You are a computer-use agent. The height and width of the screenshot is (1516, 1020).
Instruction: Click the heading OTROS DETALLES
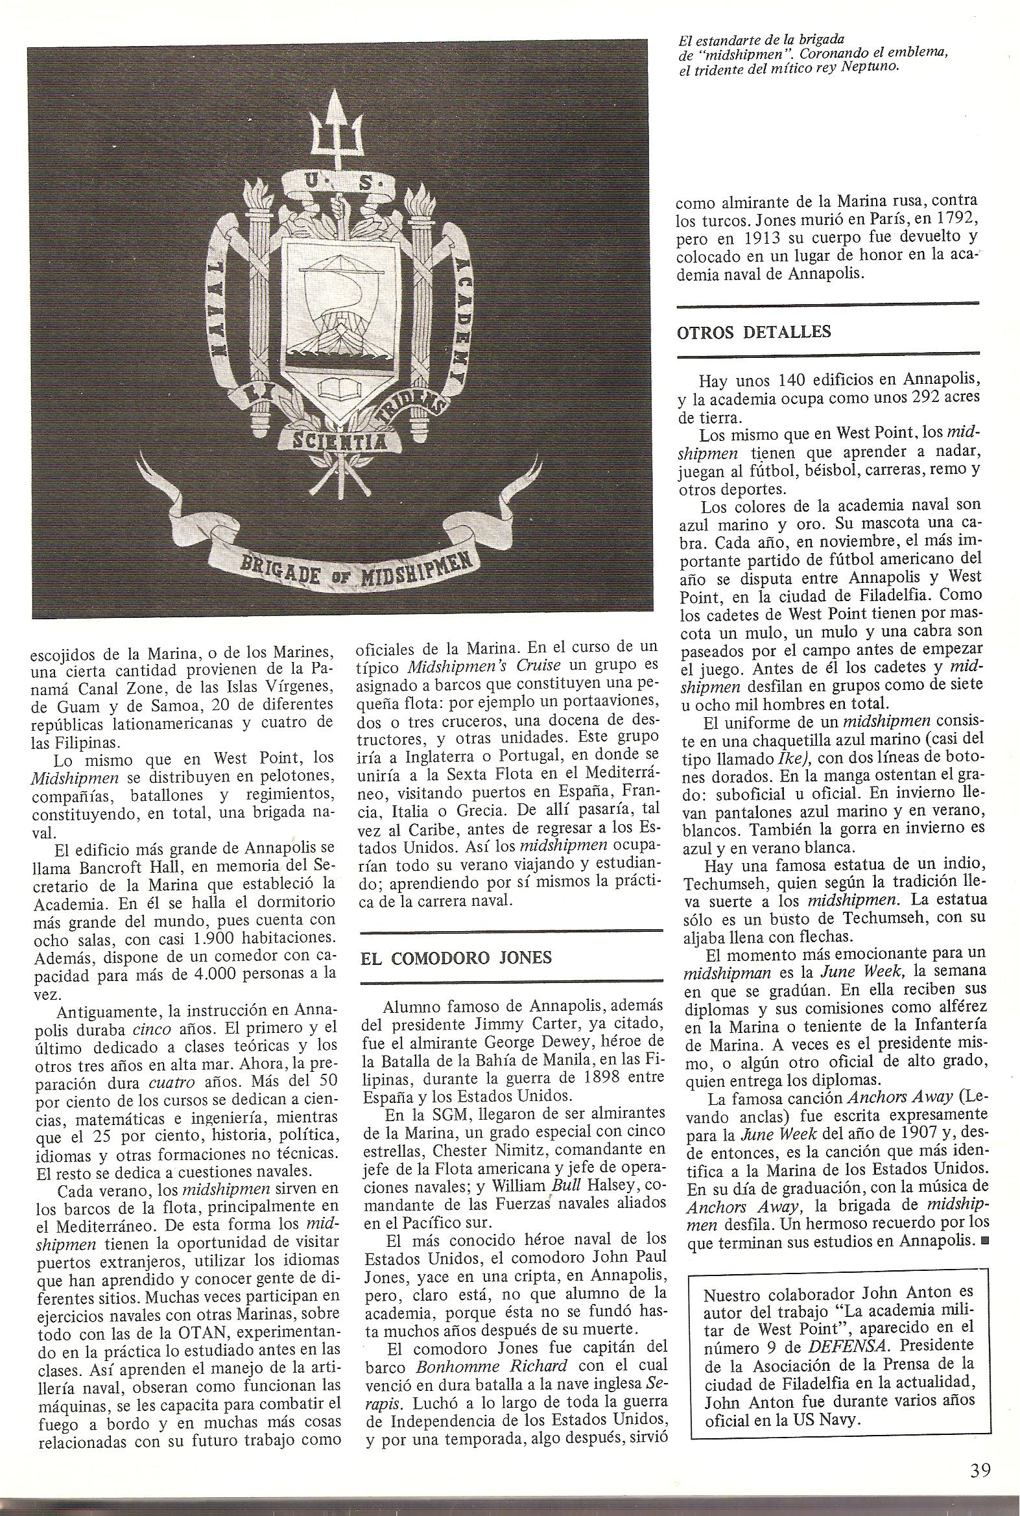pyautogui.click(x=754, y=332)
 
